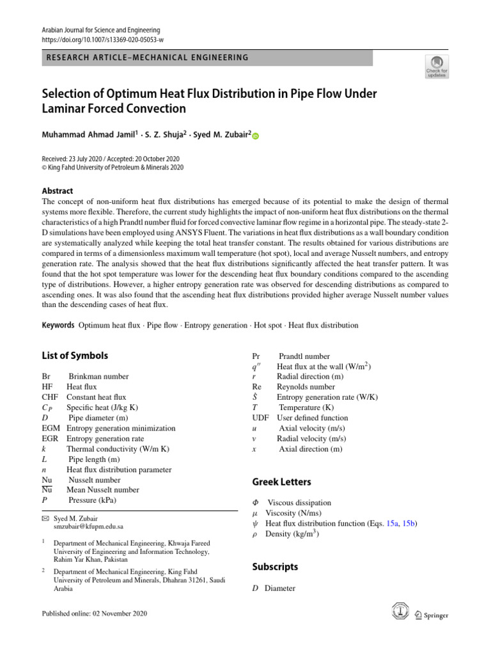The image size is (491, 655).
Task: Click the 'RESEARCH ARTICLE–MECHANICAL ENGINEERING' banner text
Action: (x=147, y=58)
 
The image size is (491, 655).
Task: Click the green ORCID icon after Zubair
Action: (x=256, y=136)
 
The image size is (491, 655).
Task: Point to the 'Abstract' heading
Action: (x=58, y=191)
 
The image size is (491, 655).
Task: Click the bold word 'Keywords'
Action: (x=58, y=326)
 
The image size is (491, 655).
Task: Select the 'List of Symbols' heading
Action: (x=75, y=356)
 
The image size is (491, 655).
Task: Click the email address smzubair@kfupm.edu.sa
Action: (x=88, y=526)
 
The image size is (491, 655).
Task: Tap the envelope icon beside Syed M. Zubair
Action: (x=45, y=517)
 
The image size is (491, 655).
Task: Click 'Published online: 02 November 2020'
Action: (x=94, y=614)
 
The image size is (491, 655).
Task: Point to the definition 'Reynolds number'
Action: (x=306, y=387)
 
